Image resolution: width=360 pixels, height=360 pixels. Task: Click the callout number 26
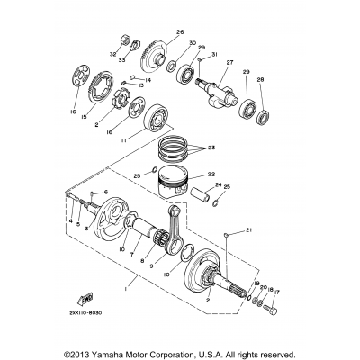coord(179,32)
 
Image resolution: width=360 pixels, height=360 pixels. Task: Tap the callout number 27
coord(229,62)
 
